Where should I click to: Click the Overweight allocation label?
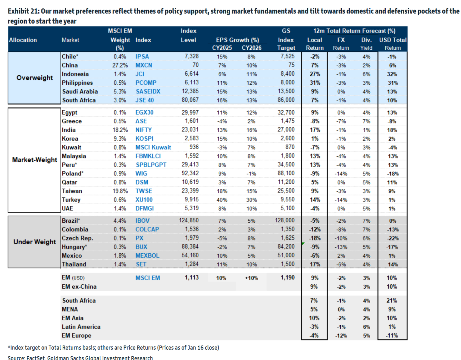coord(35,78)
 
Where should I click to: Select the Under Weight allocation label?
coord(35,242)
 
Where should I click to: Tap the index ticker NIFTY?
coord(144,130)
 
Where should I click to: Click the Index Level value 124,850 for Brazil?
coord(189,221)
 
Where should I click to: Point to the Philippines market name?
coord(77,83)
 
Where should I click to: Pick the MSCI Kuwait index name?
coord(153,147)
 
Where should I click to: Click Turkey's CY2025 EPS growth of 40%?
coord(222,200)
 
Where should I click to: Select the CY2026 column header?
coord(251,48)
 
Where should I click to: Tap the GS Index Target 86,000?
coord(286,100)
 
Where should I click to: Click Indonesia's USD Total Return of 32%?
coord(392,74)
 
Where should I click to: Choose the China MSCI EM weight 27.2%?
coord(120,66)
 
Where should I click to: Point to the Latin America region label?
coord(81,327)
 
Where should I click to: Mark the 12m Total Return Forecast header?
coord(354,31)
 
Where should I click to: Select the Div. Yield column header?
coord(366,44)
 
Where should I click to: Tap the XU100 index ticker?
coord(144,200)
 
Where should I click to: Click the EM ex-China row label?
coord(79,287)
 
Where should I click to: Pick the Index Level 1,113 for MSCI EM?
coord(192,277)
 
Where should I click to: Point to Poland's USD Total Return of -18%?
coord(393,174)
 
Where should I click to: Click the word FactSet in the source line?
coord(36,357)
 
